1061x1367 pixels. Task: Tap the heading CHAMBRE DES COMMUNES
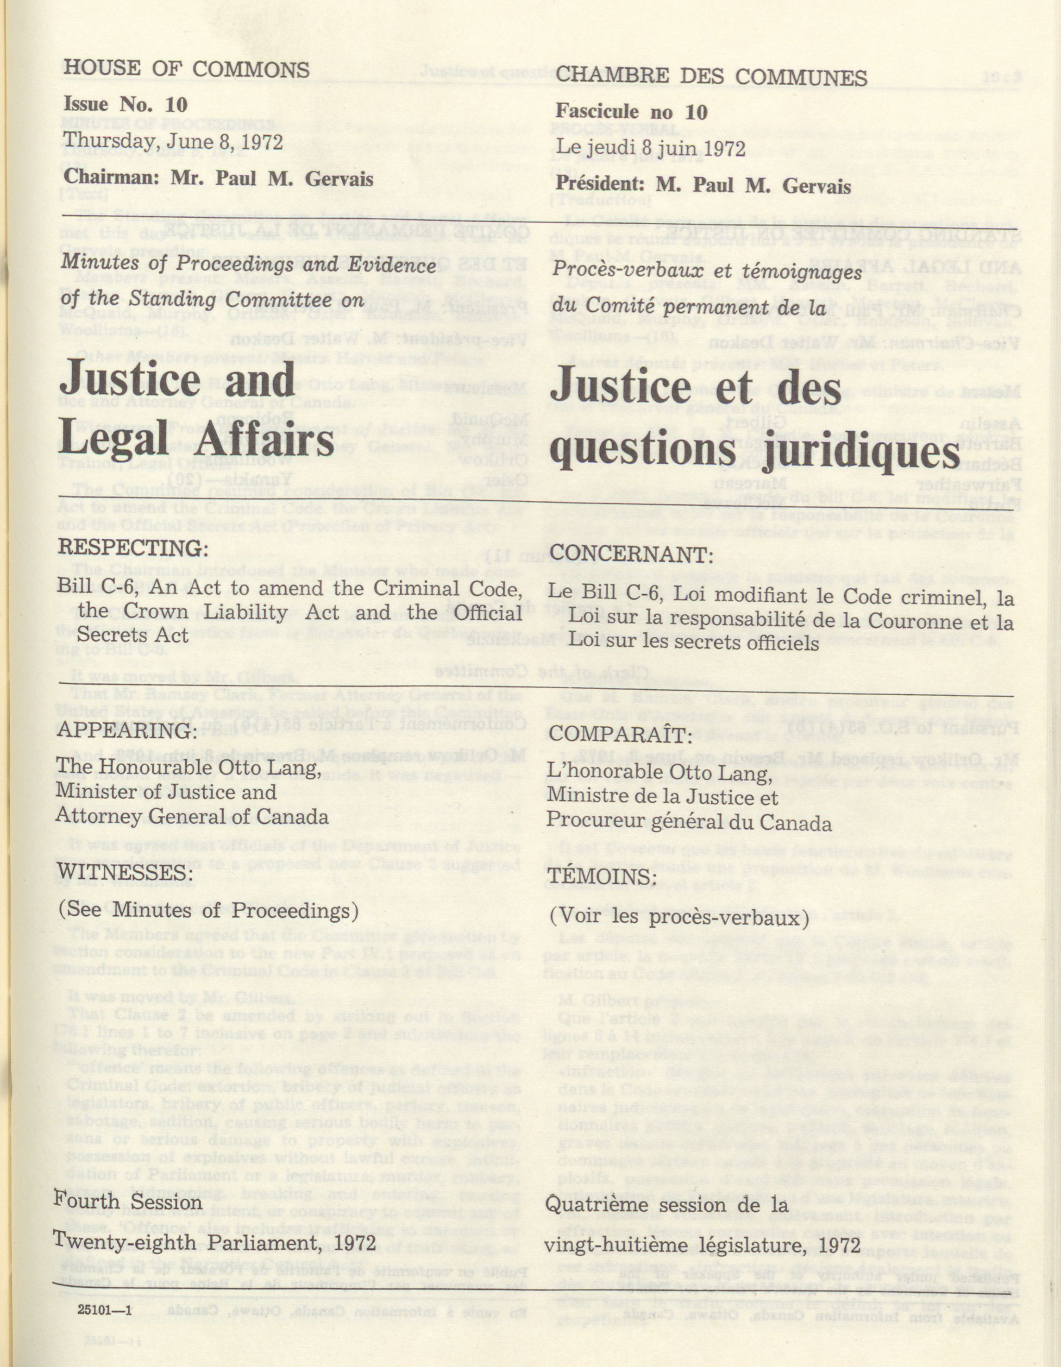pos(711,78)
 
